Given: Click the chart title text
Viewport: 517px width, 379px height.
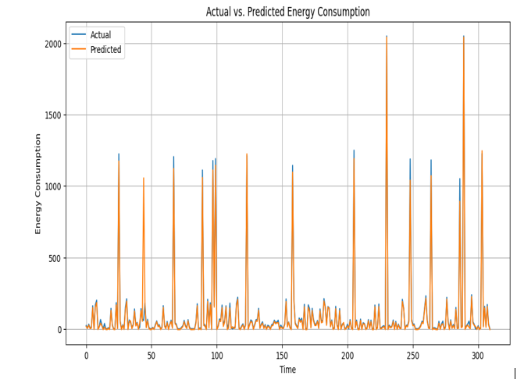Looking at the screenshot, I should click(287, 12).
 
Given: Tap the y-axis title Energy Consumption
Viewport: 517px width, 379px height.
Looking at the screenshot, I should click(37, 183).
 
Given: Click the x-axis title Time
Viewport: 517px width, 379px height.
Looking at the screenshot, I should click(287, 369).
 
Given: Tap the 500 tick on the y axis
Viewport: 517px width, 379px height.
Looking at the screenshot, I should click(54, 258).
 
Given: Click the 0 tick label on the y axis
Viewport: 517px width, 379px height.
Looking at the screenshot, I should click(59, 329).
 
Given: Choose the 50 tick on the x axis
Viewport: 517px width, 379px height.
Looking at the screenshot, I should click(152, 355).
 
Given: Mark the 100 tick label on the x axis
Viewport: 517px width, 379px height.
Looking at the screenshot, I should click(216, 355).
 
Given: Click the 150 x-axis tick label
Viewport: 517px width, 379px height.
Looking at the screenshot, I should click(282, 355).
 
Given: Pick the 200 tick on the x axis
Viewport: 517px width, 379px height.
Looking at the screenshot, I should click(347, 355).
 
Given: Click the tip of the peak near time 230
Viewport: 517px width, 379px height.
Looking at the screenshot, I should click(386, 36).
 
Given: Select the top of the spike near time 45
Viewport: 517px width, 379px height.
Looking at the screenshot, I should click(144, 179).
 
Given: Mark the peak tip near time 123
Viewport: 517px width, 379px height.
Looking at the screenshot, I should click(247, 154).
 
